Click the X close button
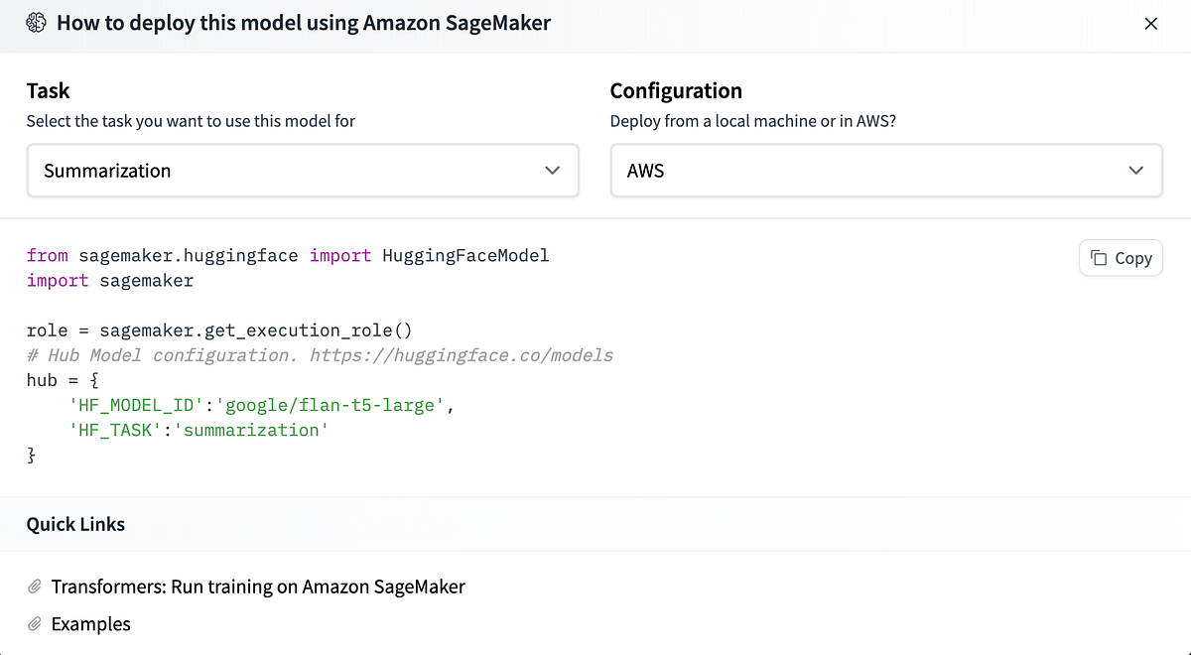tap(1150, 24)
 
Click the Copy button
tap(1121, 258)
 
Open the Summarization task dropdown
tap(302, 171)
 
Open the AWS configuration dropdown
tap(885, 171)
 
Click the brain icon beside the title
tap(37, 23)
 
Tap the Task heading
tap(48, 90)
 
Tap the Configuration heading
tap(676, 90)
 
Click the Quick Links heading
tap(75, 524)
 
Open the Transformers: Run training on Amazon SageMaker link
tap(258, 587)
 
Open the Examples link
tap(91, 624)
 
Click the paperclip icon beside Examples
tap(35, 624)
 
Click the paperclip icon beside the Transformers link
tap(35, 587)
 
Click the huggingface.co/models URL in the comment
tap(462, 355)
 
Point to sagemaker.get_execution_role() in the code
tap(255, 330)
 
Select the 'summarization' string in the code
tap(251, 430)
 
